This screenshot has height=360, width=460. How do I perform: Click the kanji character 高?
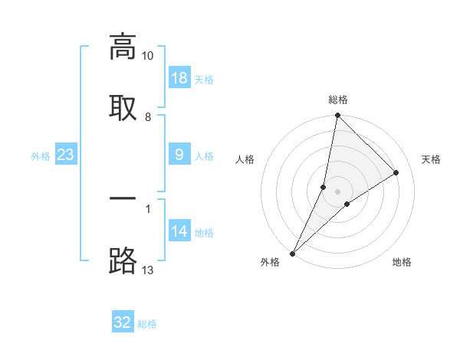point(123,47)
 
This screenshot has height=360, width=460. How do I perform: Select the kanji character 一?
point(123,199)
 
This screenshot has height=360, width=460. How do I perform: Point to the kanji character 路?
point(123,260)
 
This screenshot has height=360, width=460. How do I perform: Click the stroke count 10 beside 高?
point(148,56)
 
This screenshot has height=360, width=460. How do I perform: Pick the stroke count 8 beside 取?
point(148,117)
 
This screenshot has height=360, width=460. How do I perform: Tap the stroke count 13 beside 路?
point(148,270)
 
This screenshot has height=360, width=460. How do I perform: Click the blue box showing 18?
point(179,78)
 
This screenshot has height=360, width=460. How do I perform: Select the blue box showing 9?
point(179,155)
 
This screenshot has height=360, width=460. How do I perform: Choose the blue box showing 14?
point(179,231)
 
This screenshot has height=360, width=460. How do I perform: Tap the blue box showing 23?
point(65,155)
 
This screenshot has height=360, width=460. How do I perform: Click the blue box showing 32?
point(123,322)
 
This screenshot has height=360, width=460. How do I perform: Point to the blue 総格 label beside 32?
point(148,324)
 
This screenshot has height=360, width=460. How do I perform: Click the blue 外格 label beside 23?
point(41,156)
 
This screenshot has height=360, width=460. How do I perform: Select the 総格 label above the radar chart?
point(338,100)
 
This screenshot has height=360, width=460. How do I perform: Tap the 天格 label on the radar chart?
point(432,159)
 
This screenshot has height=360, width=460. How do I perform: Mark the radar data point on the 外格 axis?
point(293,253)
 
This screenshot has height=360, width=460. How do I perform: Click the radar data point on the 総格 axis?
point(337,115)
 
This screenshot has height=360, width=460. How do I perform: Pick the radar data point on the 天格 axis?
point(396,172)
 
